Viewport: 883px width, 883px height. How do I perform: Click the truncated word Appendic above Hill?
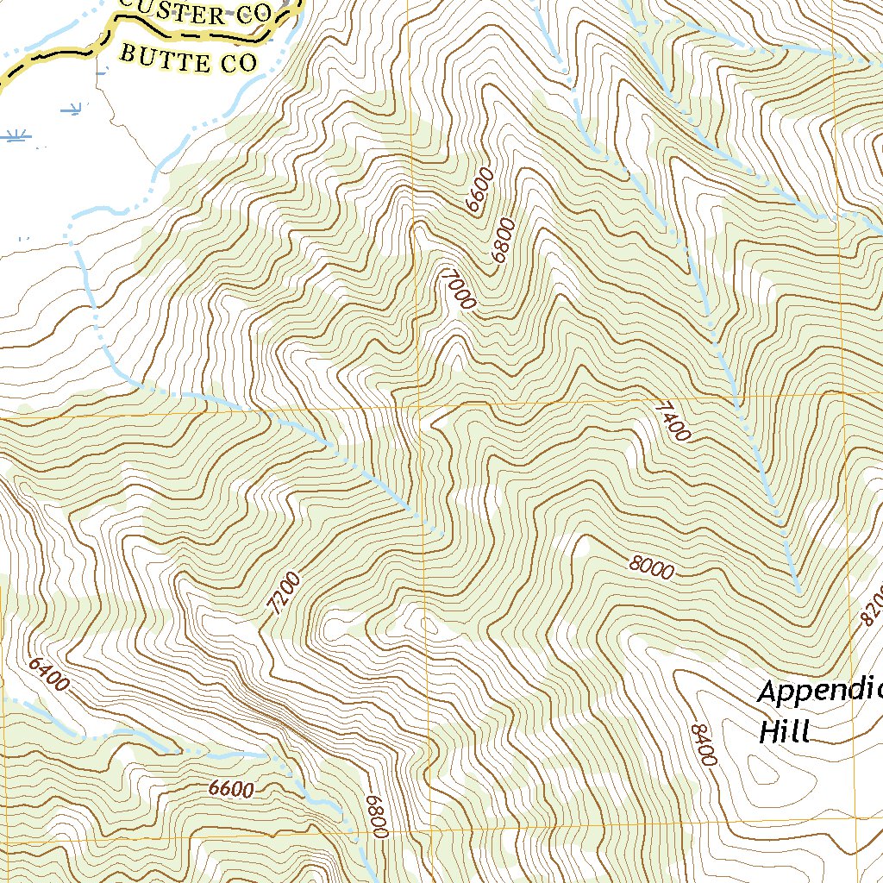(x=819, y=692)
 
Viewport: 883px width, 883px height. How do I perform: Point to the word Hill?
(x=785, y=732)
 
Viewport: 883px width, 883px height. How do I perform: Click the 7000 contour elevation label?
(x=457, y=289)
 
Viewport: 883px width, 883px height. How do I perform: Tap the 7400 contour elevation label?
(x=673, y=421)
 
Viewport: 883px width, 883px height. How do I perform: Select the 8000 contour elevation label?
(x=651, y=567)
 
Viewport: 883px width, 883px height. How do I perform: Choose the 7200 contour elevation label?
(x=285, y=593)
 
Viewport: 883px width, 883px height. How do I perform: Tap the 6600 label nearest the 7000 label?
(x=478, y=191)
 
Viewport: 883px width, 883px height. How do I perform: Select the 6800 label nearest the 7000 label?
(x=501, y=241)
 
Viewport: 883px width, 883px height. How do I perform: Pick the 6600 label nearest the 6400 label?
(x=231, y=789)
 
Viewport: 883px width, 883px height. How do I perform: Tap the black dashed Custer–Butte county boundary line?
(x=52, y=53)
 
